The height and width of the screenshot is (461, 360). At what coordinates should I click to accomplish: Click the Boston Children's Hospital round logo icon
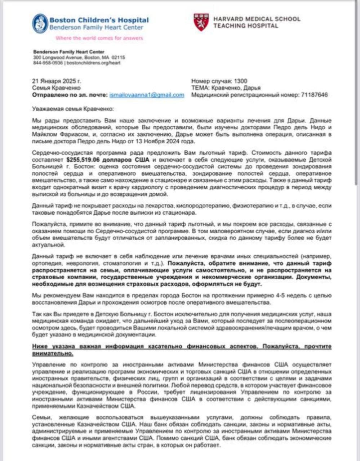point(40,23)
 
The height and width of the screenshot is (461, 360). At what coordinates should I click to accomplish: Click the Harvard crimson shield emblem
point(201,22)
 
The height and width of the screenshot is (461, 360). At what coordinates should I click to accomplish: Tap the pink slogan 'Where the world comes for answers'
point(99,38)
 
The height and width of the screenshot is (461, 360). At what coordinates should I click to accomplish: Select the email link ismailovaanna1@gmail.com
point(146,95)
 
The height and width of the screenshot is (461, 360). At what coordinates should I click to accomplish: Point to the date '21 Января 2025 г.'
point(57,81)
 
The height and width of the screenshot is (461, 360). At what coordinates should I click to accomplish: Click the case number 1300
point(241,81)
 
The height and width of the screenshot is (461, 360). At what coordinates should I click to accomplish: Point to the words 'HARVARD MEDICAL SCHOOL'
point(257,19)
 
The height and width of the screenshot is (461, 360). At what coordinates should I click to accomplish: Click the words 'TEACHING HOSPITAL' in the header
point(245,26)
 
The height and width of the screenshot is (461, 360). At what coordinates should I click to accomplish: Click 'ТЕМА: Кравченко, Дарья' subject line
point(226,88)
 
